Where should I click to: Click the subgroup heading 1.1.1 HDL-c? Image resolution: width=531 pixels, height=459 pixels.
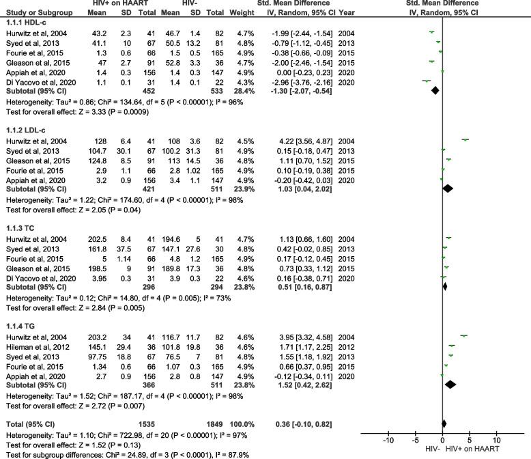tap(25, 23)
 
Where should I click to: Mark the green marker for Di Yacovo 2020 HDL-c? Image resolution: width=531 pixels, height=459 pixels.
tap(427, 81)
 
